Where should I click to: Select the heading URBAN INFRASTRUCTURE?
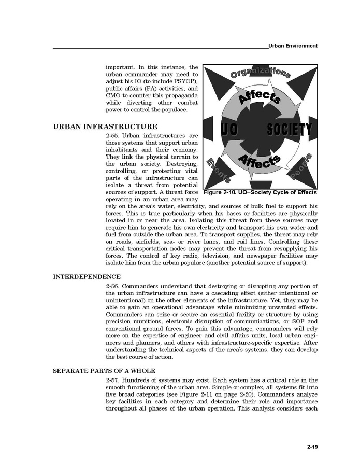[x=105, y=126]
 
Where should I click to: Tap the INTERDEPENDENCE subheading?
[x=87, y=276]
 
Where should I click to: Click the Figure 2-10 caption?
[x=260, y=192]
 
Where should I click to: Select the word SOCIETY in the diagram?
[x=289, y=130]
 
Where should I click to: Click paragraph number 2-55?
[x=114, y=135]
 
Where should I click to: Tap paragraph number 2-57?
[x=114, y=380]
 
